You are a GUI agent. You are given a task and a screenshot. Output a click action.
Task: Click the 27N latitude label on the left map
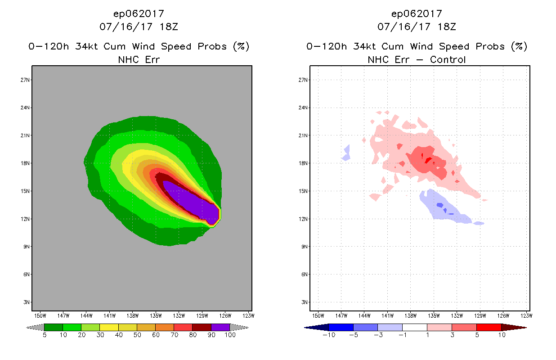[x=26, y=80]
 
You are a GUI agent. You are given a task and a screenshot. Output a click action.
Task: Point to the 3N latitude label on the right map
[x=303, y=302]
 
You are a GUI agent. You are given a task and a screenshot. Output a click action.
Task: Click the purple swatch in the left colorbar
[x=220, y=327]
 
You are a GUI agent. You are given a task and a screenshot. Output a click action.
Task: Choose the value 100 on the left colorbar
[x=230, y=335]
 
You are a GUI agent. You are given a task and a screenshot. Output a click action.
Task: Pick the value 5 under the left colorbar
[x=45, y=335]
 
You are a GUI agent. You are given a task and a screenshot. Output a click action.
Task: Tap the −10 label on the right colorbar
[x=329, y=335]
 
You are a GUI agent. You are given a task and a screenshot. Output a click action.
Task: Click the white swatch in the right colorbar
[x=414, y=327]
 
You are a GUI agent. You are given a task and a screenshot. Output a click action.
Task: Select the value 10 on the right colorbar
[x=501, y=335]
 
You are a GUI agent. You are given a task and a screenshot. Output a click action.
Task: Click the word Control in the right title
[x=448, y=59]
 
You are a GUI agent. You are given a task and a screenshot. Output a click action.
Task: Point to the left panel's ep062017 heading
[x=139, y=13]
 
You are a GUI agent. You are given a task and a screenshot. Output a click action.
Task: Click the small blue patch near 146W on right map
[x=346, y=153]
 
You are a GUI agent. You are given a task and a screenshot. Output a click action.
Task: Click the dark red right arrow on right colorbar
[x=513, y=327]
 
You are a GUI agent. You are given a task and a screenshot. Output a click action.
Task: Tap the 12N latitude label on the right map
[x=303, y=219]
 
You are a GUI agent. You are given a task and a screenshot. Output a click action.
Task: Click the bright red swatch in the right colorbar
[x=489, y=327]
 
